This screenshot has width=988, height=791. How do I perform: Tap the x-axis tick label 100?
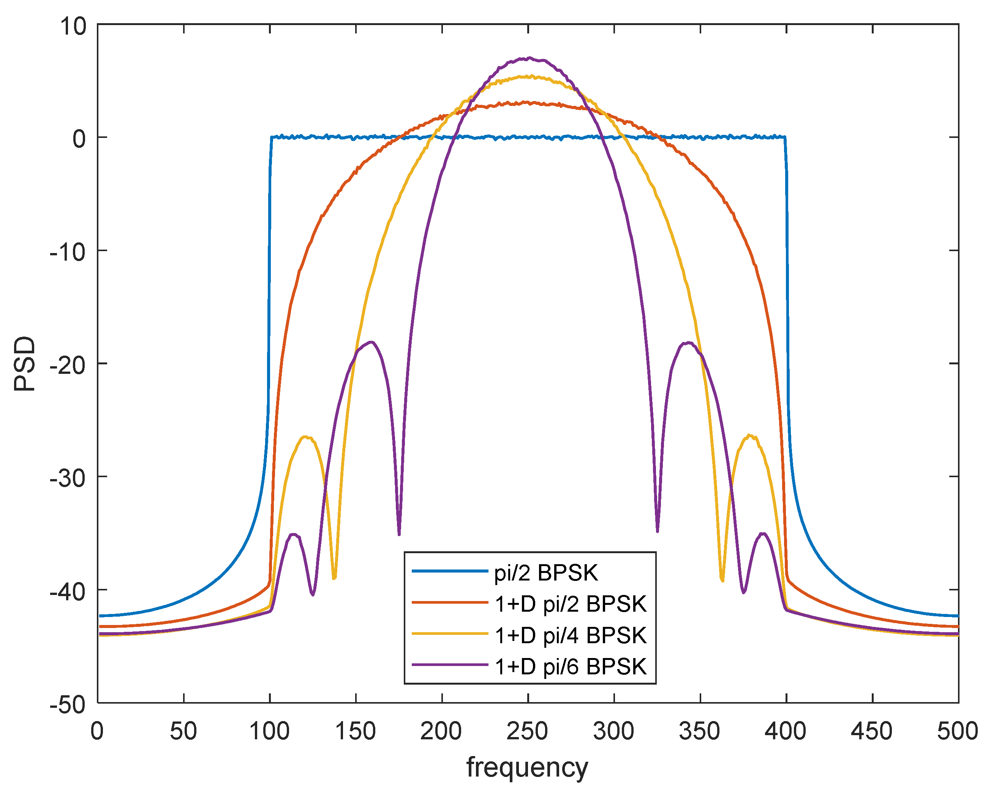269,731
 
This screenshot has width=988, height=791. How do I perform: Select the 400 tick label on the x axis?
786,731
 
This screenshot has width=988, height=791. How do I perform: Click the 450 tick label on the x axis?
872,731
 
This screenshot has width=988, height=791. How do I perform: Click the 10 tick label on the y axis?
73,26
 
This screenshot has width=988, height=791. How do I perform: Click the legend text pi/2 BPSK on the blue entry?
546,573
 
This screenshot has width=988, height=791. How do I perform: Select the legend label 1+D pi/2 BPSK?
571,604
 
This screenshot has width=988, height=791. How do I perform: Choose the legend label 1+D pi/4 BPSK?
571,635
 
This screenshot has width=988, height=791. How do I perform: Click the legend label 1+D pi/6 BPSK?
571,666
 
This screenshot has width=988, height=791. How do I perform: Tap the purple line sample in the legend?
449,665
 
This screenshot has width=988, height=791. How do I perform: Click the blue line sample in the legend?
449,571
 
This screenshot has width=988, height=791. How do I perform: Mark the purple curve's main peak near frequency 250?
529,58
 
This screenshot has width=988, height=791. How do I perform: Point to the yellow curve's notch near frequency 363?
722,581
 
